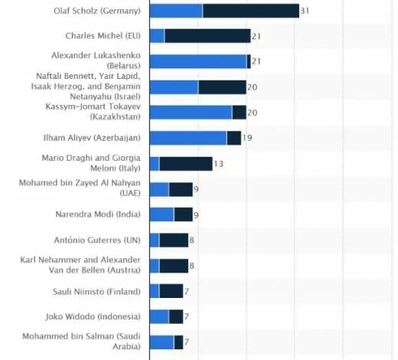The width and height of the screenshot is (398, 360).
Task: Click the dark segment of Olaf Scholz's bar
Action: [251, 11]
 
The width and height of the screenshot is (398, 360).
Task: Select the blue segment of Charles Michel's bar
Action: [157, 36]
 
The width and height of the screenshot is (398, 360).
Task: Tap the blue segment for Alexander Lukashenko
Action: [198, 61]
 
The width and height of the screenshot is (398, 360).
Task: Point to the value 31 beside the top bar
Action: [305, 11]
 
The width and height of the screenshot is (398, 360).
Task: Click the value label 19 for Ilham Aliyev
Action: [247, 138]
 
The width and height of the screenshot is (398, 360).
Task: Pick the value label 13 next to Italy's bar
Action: [218, 164]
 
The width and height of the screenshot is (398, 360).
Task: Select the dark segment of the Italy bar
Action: [186, 164]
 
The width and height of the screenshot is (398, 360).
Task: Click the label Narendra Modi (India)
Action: [98, 214]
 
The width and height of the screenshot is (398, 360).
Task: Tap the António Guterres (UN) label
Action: [97, 240]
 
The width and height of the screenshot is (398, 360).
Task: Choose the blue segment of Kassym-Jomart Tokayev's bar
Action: [191, 113]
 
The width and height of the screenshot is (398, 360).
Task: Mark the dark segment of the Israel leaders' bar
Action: [223, 87]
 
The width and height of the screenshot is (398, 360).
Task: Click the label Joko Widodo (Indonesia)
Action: [93, 316]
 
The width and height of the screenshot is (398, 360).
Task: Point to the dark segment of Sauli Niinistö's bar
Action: [171, 291]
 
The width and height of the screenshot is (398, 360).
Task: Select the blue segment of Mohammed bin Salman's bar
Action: [161, 342]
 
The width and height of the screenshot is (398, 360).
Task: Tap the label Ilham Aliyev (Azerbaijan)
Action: [92, 138]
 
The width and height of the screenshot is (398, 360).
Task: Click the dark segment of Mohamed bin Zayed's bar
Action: [181, 189]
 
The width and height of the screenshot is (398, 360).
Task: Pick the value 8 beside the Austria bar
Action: [191, 266]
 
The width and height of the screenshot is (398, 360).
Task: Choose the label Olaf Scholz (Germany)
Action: [97, 11]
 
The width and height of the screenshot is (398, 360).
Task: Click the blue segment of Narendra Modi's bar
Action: [161, 214]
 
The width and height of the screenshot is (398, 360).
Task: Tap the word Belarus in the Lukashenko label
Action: [124, 66]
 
